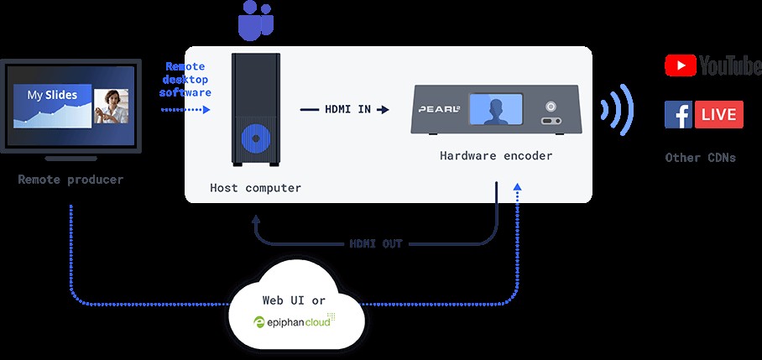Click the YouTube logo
tap(712, 65)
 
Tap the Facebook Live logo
tap(703, 114)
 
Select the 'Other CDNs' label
tap(701, 157)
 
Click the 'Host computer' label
tap(255, 188)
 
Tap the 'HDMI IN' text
tap(345, 109)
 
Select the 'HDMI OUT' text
tap(376, 244)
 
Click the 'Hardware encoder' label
tap(496, 156)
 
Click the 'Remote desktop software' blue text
tap(185, 80)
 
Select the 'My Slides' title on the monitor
tap(53, 95)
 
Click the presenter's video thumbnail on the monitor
tap(111, 107)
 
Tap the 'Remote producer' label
tap(70, 179)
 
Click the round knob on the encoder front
tap(551, 107)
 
